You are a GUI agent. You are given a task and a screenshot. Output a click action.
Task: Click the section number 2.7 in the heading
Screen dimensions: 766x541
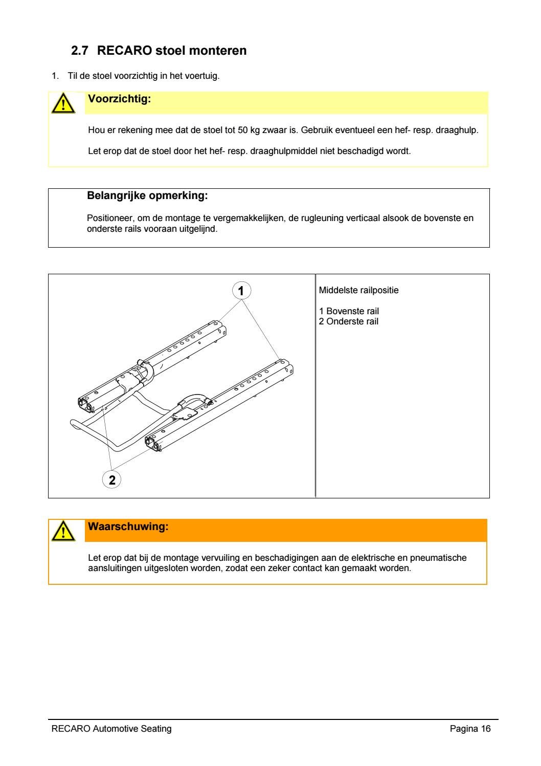pyautogui.click(x=80, y=51)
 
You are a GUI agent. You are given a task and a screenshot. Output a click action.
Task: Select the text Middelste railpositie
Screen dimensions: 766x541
pyautogui.click(x=358, y=291)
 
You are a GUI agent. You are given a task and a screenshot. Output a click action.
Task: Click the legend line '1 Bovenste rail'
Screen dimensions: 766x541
pyautogui.click(x=349, y=311)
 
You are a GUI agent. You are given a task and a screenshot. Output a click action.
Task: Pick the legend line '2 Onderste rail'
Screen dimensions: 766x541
pyautogui.click(x=349, y=321)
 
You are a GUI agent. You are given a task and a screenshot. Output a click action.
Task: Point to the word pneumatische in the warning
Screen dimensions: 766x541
pyautogui.click(x=438, y=558)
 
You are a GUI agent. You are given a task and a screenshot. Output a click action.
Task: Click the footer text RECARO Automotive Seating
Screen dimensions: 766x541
pyautogui.click(x=111, y=729)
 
